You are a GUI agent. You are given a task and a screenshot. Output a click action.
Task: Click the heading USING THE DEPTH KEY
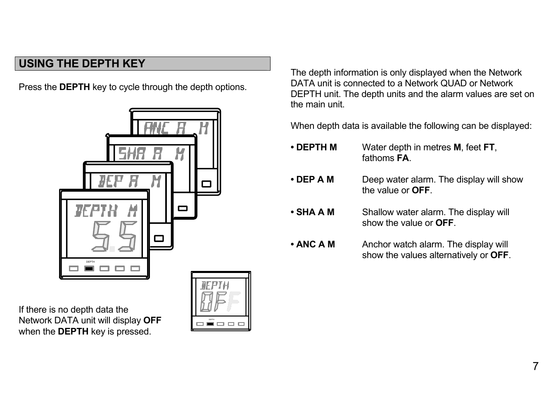[82, 64]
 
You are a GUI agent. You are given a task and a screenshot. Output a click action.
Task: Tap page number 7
[535, 366]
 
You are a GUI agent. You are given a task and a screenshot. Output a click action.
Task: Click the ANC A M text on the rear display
[176, 128]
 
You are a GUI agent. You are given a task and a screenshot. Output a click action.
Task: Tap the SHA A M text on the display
[151, 154]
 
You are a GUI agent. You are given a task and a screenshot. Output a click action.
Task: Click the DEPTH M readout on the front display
[106, 211]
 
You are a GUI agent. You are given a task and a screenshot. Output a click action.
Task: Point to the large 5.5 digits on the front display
[114, 236]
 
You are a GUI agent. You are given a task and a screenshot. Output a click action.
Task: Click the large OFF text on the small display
[220, 301]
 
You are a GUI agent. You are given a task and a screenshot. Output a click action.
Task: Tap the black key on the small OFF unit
[210, 324]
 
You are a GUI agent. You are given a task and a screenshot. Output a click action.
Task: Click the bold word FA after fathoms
[403, 158]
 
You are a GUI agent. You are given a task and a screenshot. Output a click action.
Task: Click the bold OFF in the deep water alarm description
[421, 190]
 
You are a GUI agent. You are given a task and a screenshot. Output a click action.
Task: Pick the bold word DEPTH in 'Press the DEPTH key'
[74, 87]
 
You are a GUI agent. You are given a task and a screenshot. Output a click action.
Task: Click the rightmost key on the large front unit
[135, 268]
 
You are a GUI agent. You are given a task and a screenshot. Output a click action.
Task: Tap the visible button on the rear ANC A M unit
[206, 184]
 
